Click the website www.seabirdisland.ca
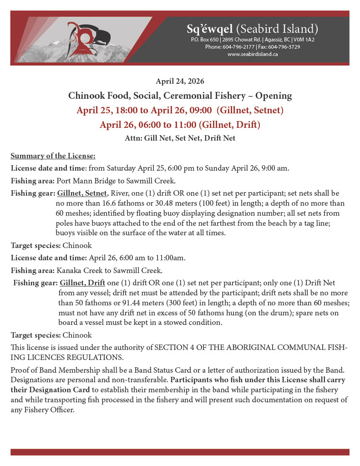pyautogui.click(x=252, y=54)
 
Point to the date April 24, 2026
pyautogui.click(x=180, y=81)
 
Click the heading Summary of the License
pyautogui.click(x=53, y=156)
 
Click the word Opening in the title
pyautogui.click(x=273, y=96)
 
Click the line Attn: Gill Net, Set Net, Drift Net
pyautogui.click(x=180, y=138)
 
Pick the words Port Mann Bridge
pyautogui.click(x=81, y=180)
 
